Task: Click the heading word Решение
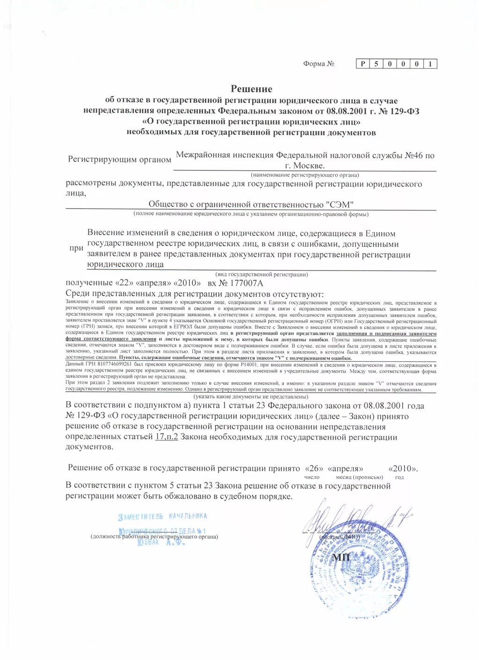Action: click(251, 89)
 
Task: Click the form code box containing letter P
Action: click(363, 64)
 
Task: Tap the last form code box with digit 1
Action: click(430, 64)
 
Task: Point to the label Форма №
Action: click(319, 64)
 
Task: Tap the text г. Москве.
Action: click(305, 166)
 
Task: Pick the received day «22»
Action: click(123, 283)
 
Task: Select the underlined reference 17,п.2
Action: click(166, 437)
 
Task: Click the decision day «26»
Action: click(313, 468)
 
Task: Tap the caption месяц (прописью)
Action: click(359, 477)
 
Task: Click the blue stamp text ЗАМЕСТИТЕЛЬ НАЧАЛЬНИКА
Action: click(162, 516)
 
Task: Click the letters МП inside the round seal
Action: click(341, 557)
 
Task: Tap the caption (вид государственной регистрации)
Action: click(261, 274)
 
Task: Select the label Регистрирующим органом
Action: click(119, 160)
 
